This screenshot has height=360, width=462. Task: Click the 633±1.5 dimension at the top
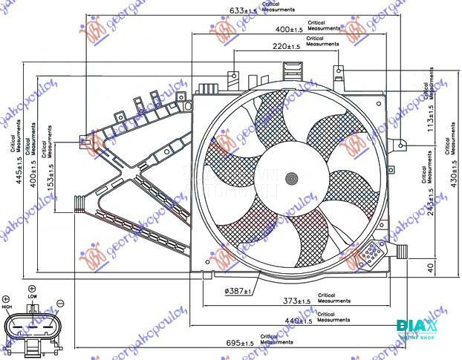pos(245,11)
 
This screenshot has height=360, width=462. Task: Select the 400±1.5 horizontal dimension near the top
pos(287,29)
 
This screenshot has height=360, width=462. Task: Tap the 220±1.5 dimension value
pos(285,47)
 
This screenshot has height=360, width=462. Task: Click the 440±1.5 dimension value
pos(296,321)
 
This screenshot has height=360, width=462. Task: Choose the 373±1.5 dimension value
pos(296,301)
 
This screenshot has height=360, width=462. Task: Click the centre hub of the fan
pos(291,178)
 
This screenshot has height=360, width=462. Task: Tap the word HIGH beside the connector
pos(7,307)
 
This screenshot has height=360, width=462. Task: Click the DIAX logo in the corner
pos(417,327)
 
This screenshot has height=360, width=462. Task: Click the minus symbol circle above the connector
pos(60,303)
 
